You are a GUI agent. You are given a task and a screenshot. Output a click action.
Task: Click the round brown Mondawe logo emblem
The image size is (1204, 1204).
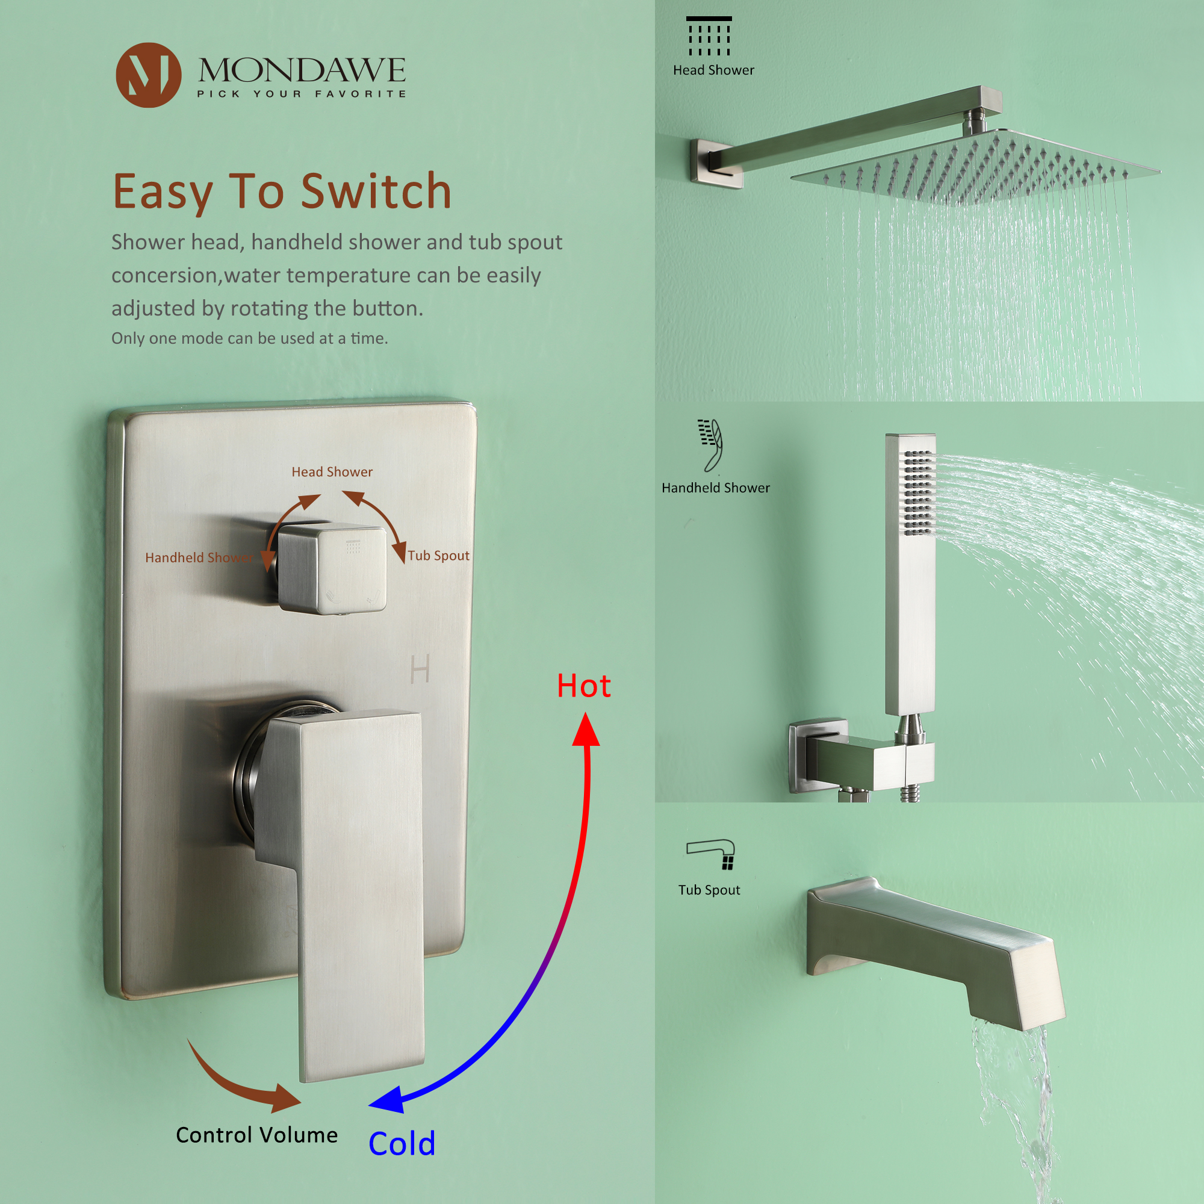(148, 75)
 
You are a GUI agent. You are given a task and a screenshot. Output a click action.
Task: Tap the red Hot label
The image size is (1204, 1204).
(583, 686)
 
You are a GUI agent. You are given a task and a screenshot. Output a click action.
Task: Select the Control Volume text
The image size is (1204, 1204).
(257, 1134)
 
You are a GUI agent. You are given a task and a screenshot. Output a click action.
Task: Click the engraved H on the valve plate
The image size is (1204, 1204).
(420, 669)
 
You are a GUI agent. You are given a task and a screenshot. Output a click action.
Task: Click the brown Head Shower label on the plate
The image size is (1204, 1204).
(332, 472)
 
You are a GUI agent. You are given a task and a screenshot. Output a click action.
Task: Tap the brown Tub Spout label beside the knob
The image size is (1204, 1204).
(438, 555)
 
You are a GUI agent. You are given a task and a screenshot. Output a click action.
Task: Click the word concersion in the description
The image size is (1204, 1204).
(166, 275)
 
